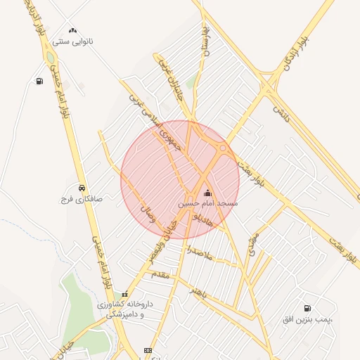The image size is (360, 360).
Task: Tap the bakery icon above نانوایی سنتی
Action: (x=73, y=30)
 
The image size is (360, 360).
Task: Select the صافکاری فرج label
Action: (x=81, y=199)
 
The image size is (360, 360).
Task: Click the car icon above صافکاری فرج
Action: (x=83, y=188)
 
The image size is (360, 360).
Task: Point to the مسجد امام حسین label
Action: (x=207, y=203)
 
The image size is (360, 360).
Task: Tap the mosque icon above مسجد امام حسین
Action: (x=207, y=192)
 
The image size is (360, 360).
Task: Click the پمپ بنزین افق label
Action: (x=307, y=320)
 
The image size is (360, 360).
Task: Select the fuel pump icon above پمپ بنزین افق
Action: (x=308, y=309)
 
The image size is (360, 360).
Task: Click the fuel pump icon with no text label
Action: (x=39, y=81)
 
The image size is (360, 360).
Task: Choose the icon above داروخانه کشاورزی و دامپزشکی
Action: (x=125, y=294)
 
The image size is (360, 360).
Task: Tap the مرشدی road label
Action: (x=252, y=243)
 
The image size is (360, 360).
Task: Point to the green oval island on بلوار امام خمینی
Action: (x=51, y=58)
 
